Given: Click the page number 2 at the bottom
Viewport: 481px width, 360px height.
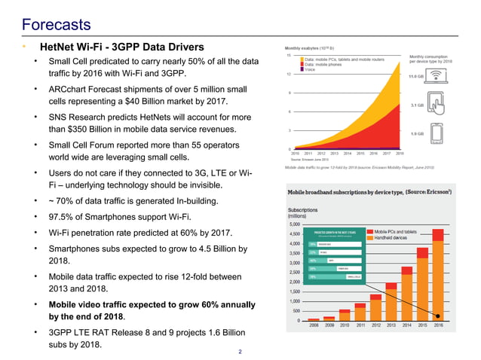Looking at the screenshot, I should pos(240,351).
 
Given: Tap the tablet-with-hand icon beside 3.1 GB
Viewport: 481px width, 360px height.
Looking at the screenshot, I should pos(438,105).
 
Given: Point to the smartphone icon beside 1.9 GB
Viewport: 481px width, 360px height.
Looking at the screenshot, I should pos(438,132).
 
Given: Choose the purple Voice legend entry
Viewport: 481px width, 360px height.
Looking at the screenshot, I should pos(309,69).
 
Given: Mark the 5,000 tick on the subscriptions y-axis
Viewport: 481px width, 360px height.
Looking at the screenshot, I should pos(295,224).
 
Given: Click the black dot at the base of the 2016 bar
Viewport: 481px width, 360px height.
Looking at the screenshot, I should pos(438,320).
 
